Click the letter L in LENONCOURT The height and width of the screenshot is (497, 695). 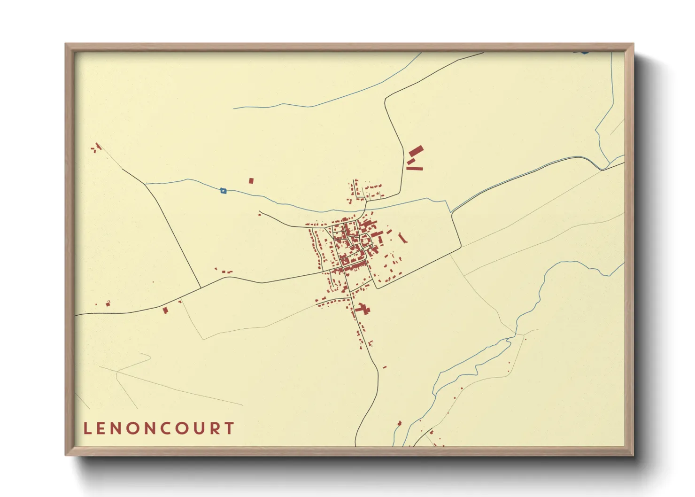point(87,428)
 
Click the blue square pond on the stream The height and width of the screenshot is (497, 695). point(223,191)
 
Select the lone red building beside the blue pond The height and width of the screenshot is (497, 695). point(251,180)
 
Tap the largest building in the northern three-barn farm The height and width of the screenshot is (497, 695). point(416,151)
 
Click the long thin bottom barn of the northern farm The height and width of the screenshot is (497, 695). point(415,168)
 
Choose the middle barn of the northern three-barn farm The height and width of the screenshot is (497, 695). point(411,161)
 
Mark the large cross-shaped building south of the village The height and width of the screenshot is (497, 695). point(363,309)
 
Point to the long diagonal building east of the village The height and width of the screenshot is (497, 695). point(402,238)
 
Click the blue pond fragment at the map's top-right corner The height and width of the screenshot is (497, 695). point(584,52)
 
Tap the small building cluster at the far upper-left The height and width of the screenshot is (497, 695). point(96,148)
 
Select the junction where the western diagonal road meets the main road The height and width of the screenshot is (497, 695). point(201,287)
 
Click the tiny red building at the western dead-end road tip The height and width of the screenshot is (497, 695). point(259,215)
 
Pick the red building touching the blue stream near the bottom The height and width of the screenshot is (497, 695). point(400,423)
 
